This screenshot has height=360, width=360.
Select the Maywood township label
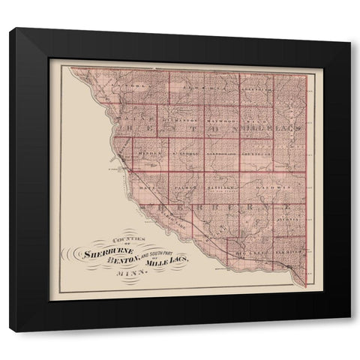(221, 119)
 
